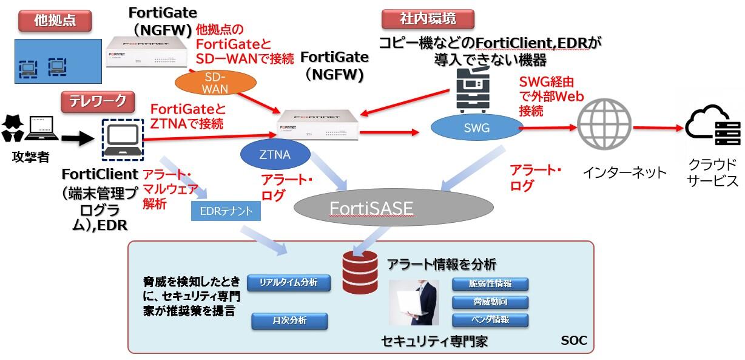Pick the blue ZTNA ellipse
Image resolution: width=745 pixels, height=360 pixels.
pyautogui.click(x=274, y=155)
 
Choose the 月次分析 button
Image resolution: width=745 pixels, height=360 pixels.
pyautogui.click(x=289, y=321)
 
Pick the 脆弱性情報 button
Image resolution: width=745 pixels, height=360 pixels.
pyautogui.click(x=490, y=284)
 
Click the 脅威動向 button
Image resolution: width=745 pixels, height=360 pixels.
pyautogui.click(x=490, y=302)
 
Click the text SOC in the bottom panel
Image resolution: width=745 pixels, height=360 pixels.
pyautogui.click(x=573, y=341)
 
